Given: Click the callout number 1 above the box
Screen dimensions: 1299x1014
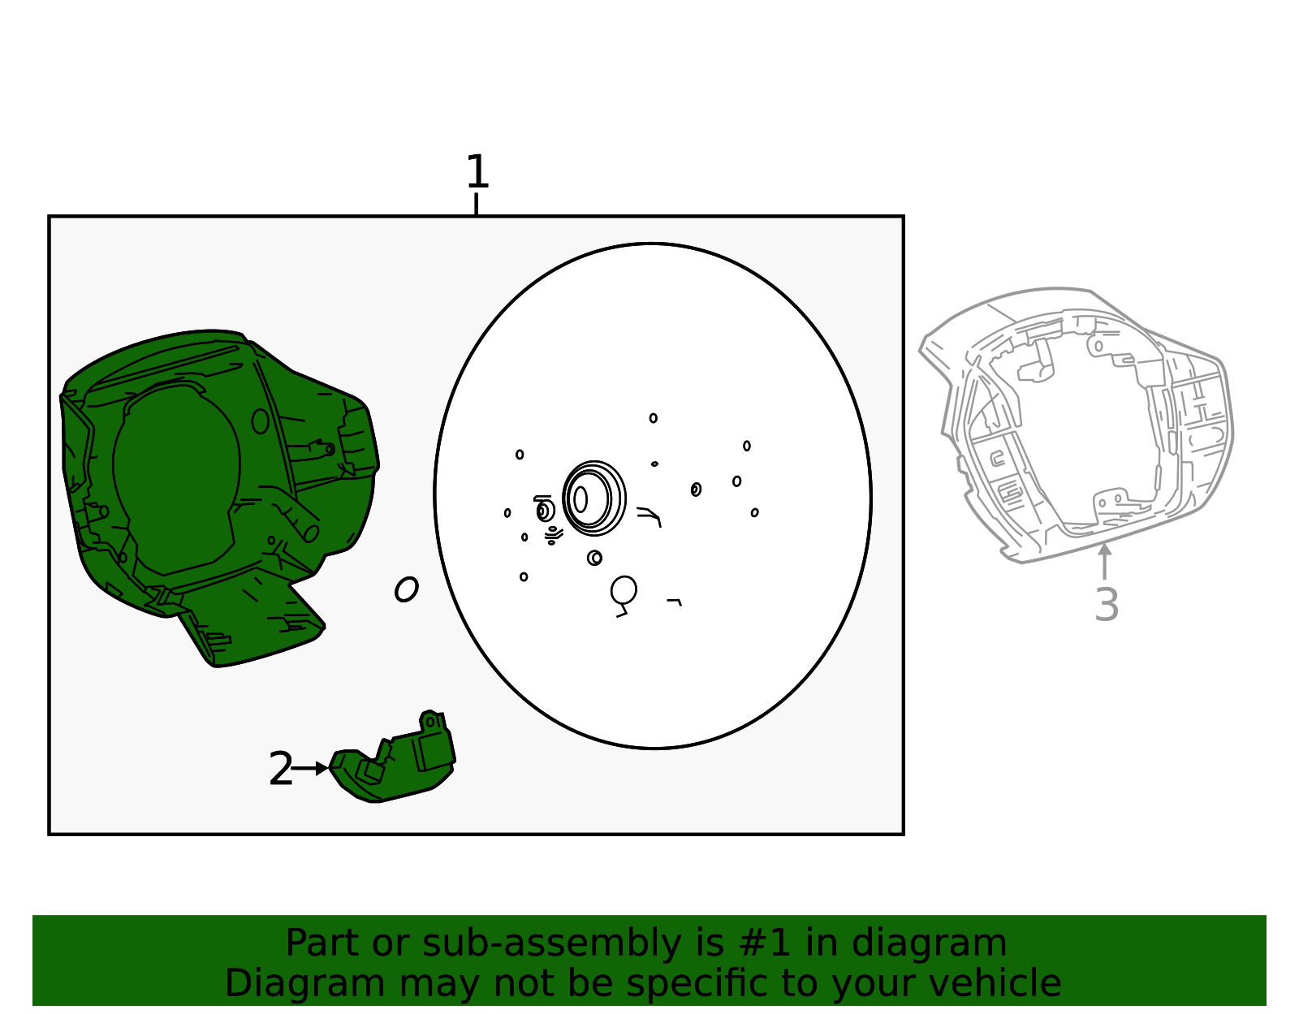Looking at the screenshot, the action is point(477,171).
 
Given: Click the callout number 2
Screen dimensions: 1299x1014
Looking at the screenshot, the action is point(280,769).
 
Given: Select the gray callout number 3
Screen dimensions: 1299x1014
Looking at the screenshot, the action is point(1106,605).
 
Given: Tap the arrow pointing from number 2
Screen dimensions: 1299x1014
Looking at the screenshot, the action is point(309,769).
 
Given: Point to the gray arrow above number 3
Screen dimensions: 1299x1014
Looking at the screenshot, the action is point(1105,561).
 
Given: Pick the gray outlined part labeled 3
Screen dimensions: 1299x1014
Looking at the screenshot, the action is point(1076,425).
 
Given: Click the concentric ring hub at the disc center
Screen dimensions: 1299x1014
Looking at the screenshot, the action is point(593,498).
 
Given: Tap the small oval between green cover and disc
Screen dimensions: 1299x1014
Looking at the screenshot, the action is point(407,589).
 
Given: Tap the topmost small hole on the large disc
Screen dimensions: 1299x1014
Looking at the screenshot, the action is point(654,418).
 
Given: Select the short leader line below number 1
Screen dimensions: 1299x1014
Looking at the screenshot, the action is point(477,204).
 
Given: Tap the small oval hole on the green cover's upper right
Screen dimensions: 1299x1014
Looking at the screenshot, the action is point(261,421).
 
